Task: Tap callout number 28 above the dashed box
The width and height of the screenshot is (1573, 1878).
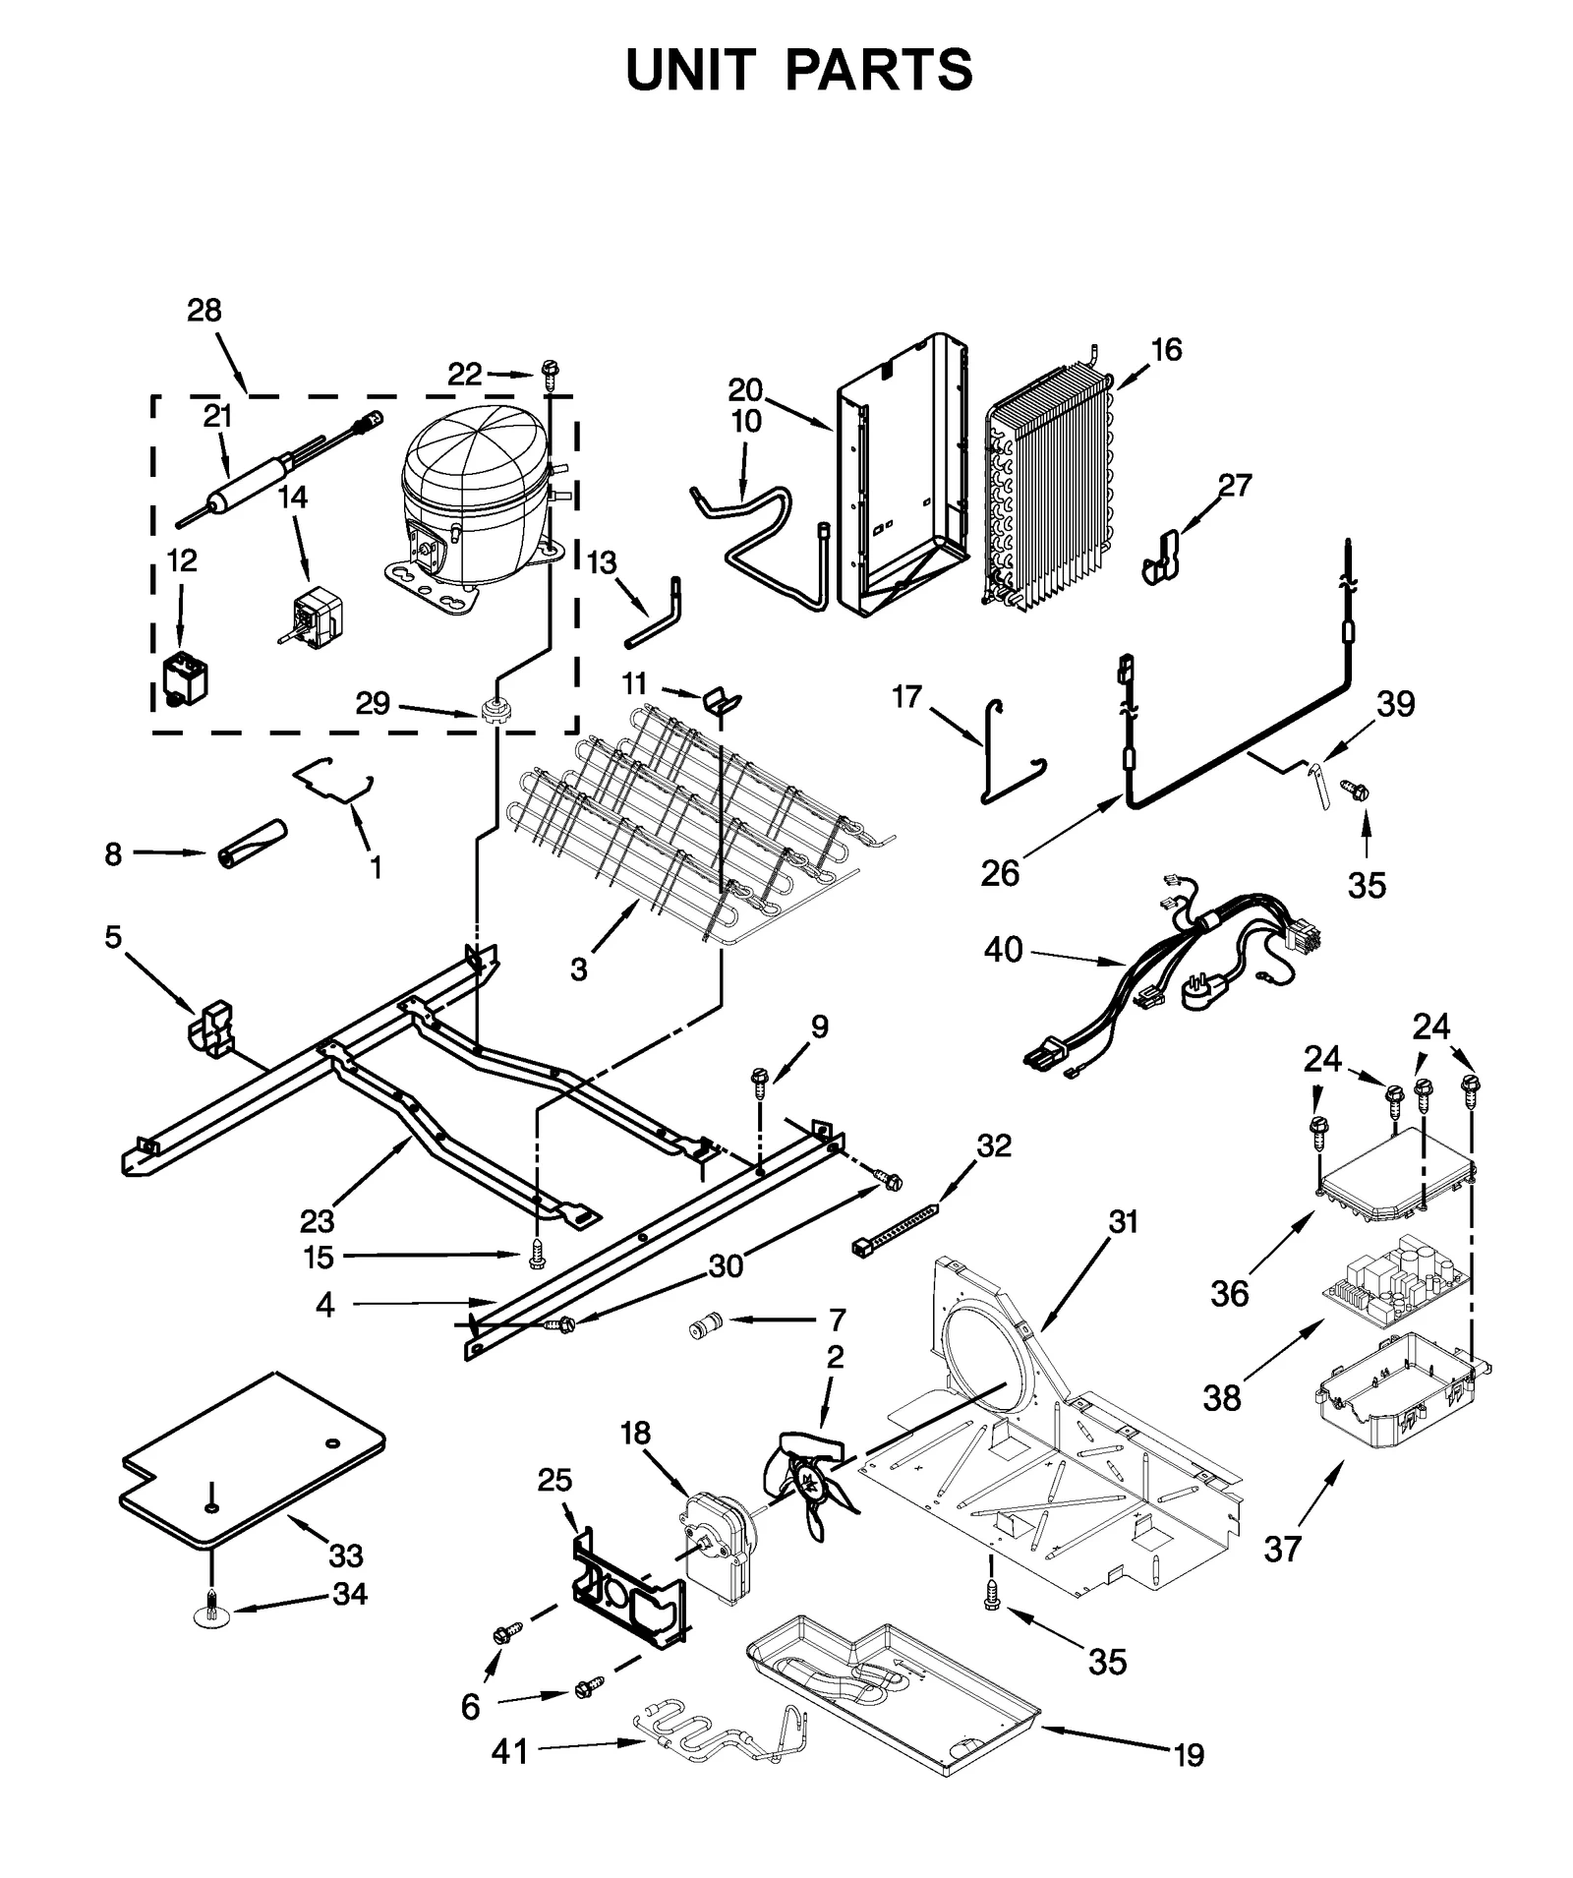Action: (204, 311)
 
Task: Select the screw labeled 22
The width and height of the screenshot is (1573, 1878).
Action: (548, 371)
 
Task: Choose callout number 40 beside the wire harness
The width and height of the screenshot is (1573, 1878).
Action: (1003, 950)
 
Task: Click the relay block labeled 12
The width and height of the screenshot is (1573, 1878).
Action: (185, 678)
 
